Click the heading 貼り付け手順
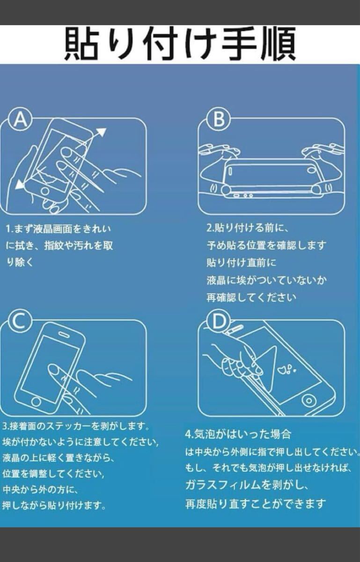coord(180,44)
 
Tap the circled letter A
coord(19,120)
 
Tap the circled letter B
coord(219,120)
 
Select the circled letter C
coord(19,322)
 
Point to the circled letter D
coord(219,322)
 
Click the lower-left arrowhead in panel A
coord(20,185)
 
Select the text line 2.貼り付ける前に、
coord(248,229)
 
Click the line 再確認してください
coord(251,297)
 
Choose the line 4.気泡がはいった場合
coord(238,434)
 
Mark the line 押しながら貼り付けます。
coord(54,506)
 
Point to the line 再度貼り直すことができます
coord(255,504)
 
